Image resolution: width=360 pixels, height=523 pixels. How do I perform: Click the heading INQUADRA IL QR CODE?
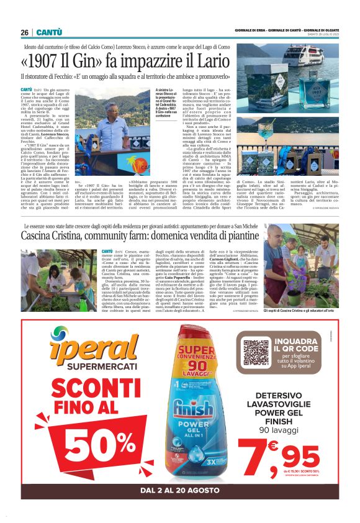304,344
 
